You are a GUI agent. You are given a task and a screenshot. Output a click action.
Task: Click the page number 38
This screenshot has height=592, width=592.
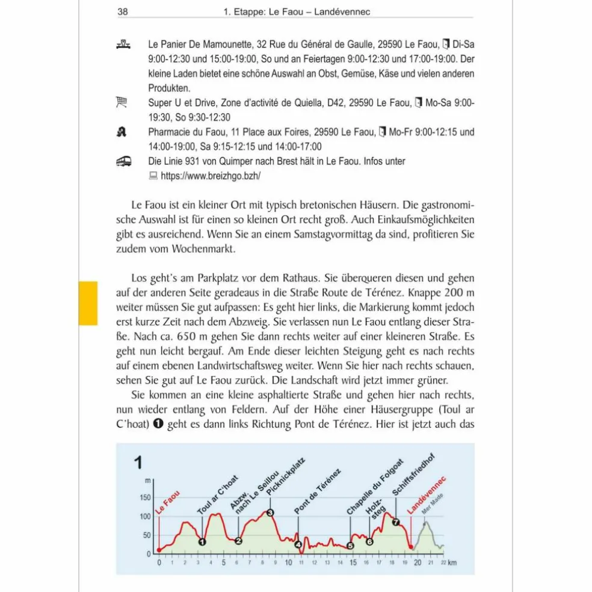click(x=123, y=11)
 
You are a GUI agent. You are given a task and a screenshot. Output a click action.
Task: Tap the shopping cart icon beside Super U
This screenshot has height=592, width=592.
click(x=122, y=103)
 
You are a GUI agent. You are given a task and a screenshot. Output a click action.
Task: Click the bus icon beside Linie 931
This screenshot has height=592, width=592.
click(x=123, y=162)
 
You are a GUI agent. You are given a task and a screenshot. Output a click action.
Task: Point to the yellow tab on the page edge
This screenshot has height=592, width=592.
click(x=88, y=303)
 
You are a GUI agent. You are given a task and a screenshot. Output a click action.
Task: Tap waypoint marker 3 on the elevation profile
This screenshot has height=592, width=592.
click(x=270, y=513)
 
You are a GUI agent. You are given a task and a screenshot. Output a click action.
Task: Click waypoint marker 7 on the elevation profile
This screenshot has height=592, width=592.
click(x=395, y=522)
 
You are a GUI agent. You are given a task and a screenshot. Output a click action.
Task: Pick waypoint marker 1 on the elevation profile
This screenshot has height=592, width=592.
click(x=202, y=541)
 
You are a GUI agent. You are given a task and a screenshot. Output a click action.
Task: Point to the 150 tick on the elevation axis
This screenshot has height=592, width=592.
click(x=144, y=498)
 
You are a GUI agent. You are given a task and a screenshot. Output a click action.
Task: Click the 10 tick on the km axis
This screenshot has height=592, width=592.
click(x=288, y=563)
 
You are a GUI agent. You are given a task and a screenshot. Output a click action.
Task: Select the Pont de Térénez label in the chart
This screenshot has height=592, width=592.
click(x=317, y=491)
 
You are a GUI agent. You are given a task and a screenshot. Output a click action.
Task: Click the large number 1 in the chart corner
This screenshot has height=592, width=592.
click(x=138, y=463)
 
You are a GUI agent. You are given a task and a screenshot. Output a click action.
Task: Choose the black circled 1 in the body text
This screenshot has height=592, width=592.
click(x=159, y=423)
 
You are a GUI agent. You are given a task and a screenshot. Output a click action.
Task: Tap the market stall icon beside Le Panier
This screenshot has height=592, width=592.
click(x=122, y=45)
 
